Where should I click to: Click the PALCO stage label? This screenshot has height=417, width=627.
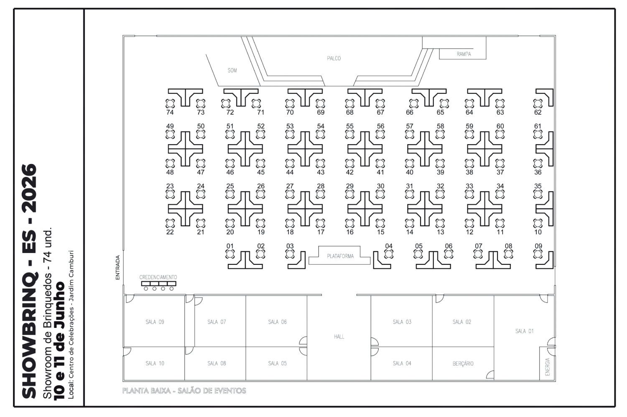[x=334, y=58]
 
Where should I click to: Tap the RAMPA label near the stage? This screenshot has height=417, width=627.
[x=464, y=54]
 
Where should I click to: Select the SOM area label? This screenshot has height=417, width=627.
[x=232, y=70]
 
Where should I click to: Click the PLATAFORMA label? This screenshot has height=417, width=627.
[x=340, y=256]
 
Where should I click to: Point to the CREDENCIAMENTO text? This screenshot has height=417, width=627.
[x=158, y=277]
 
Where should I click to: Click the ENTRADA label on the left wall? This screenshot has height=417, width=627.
[x=117, y=267]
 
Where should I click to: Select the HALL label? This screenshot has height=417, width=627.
[x=339, y=337]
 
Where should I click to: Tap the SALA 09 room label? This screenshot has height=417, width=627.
[x=155, y=322]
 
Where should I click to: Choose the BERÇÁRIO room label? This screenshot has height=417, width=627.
[x=463, y=363]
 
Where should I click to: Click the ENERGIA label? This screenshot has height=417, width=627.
[x=548, y=366]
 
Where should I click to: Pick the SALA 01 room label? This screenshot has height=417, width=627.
[x=525, y=331]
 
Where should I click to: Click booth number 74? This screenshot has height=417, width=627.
[x=170, y=113]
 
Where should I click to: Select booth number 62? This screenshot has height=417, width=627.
[x=538, y=113]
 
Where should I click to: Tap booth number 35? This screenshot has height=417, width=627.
[x=538, y=186]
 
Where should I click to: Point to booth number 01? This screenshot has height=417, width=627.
[x=230, y=246]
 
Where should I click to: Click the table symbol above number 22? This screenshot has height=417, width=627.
[x=170, y=223]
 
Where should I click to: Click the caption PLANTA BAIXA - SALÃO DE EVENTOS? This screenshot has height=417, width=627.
[x=184, y=391]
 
